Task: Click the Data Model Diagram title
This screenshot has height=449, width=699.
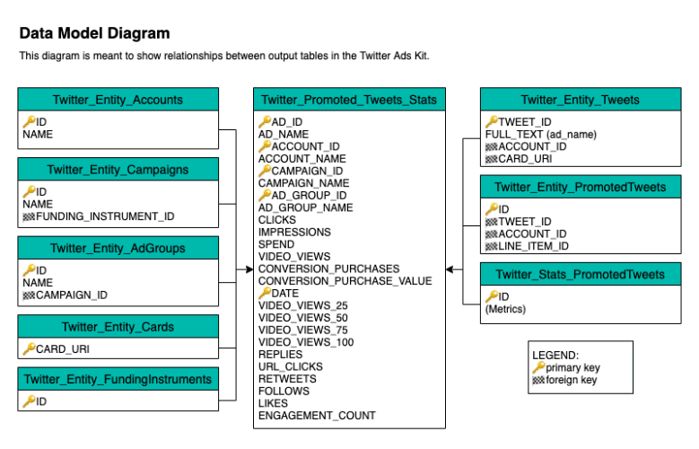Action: (94, 34)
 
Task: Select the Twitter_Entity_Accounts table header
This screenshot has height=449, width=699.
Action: (118, 100)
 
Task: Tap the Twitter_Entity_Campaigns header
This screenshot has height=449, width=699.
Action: (118, 169)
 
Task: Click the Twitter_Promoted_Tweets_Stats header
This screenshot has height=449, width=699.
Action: (349, 100)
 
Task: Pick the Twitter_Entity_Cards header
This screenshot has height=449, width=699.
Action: (118, 327)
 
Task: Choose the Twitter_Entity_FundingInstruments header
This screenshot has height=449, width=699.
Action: (118, 379)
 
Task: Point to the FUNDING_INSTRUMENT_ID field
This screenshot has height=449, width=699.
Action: (105, 216)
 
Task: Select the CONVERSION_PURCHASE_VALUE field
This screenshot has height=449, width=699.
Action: (345, 281)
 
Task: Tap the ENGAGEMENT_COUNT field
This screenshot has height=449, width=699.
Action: (317, 416)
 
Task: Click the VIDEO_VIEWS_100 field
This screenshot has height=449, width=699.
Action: (305, 342)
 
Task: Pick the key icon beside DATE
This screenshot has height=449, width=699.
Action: (265, 293)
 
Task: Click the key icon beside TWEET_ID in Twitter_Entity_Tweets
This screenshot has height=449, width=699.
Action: (492, 121)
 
